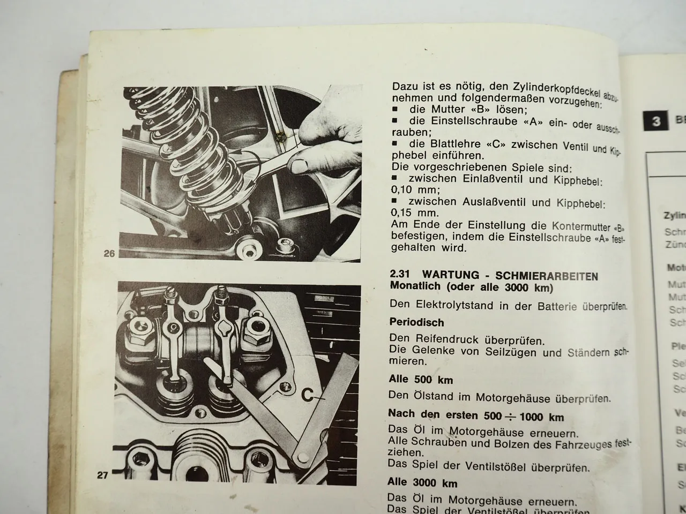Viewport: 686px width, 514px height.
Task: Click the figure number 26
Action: (x=109, y=254)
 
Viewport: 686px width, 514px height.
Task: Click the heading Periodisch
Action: (x=417, y=323)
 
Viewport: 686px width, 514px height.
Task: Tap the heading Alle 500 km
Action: (x=421, y=380)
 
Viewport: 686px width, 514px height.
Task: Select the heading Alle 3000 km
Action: (x=423, y=483)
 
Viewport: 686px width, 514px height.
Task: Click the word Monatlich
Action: (x=417, y=286)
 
